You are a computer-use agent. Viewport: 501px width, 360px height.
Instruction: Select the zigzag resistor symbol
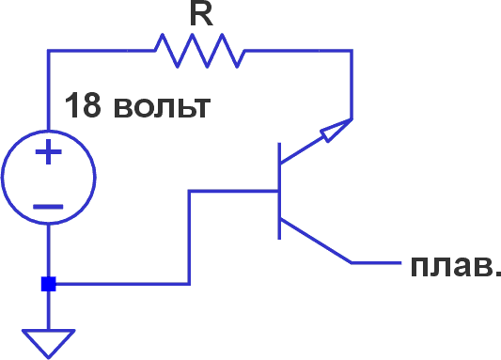click(197, 51)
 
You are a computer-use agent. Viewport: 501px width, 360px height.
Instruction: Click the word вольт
click(160, 105)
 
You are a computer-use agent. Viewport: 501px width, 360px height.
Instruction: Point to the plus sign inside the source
click(48, 153)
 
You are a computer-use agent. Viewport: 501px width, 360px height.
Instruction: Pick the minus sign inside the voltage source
click(48, 205)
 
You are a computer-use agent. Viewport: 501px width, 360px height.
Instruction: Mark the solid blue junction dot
click(48, 284)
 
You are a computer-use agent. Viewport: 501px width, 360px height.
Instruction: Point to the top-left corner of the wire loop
click(48, 51)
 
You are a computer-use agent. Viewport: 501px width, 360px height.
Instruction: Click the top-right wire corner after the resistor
click(352, 51)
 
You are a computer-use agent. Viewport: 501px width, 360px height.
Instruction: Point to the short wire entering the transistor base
click(235, 191)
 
